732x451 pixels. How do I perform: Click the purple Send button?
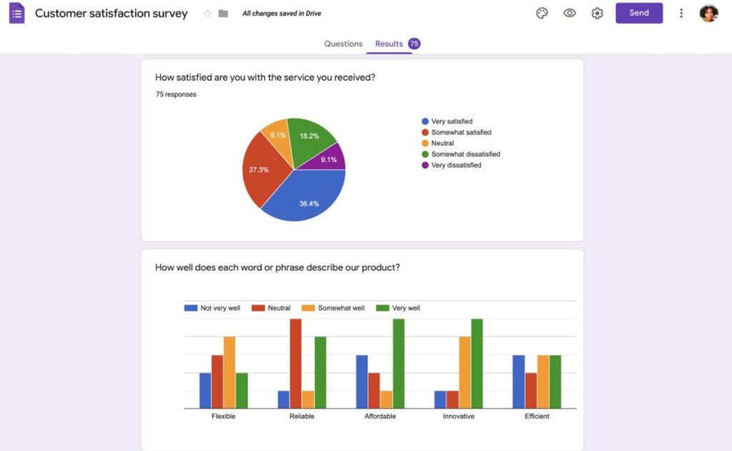(x=638, y=13)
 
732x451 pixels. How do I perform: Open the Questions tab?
(x=343, y=44)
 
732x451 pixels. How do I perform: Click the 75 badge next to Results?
(x=414, y=44)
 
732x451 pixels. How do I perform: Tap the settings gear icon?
(x=597, y=14)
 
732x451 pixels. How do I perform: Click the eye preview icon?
(x=570, y=14)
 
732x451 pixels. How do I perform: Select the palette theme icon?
(x=542, y=14)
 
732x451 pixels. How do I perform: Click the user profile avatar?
(x=708, y=13)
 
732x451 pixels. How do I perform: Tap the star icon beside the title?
(x=208, y=14)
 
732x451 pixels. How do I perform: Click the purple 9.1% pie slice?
(x=331, y=159)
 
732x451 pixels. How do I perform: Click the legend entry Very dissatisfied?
(x=456, y=165)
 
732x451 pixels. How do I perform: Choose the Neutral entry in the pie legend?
(x=442, y=143)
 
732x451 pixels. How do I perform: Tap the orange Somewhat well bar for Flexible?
(x=229, y=372)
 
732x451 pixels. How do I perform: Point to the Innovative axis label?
(x=458, y=416)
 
